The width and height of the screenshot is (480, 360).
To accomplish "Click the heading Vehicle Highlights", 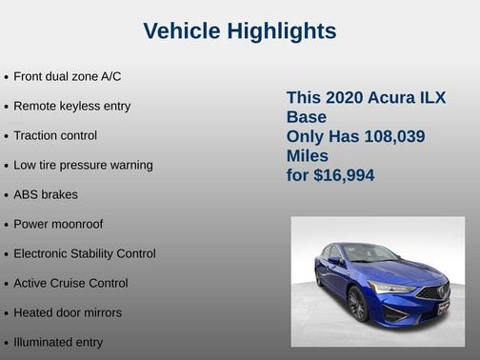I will [x=239, y=31].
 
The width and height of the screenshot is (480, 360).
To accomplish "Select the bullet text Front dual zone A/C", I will [x=67, y=76].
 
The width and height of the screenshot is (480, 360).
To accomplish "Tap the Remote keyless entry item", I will [x=71, y=106].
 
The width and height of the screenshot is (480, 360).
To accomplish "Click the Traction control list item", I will [x=55, y=135].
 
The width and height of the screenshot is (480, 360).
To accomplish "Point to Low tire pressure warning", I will [x=83, y=165].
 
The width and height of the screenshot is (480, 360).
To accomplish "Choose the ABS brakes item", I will [x=46, y=194].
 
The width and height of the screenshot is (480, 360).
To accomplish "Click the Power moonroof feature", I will [x=58, y=224].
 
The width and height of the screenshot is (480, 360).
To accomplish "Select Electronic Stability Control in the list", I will [x=84, y=253].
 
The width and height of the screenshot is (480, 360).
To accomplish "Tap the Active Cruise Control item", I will [x=70, y=283].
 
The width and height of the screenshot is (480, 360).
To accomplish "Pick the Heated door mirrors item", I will [x=68, y=312].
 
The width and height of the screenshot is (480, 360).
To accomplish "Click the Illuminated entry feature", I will [x=58, y=342].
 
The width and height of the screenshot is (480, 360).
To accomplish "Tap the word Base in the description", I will [x=307, y=117].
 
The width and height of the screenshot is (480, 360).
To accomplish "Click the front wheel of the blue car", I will [x=358, y=304].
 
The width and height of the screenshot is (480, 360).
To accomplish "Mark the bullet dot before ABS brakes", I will [x=7, y=195].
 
